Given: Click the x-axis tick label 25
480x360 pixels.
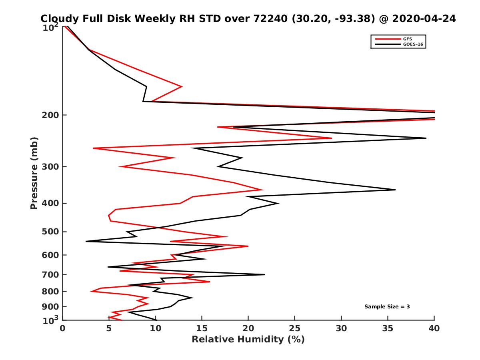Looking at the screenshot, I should [x=295, y=328].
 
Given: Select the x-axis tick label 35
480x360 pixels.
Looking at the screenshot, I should [x=388, y=328].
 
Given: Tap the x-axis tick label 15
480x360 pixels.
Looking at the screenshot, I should [x=202, y=328].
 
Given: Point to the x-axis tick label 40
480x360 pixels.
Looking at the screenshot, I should [x=434, y=328].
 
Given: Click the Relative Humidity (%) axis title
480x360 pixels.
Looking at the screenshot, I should [x=248, y=340].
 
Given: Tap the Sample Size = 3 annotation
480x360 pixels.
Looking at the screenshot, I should [x=387, y=307].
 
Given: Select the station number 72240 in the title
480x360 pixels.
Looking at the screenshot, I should [x=271, y=19].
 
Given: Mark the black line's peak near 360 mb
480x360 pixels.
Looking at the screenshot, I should [x=395, y=190].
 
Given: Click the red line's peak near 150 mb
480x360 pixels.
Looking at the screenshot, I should [x=182, y=86].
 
